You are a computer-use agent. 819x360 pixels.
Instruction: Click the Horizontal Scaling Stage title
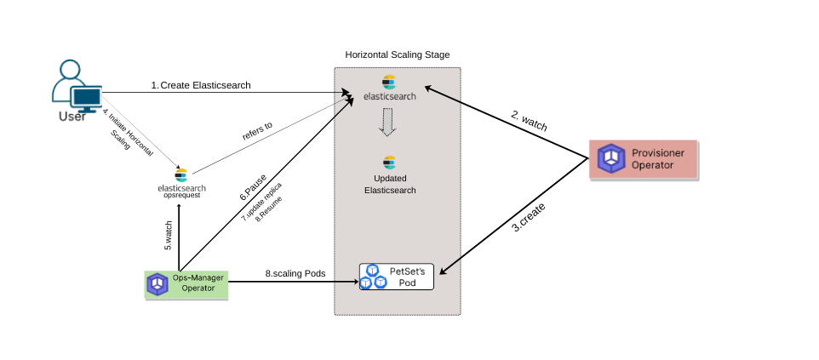point(397,54)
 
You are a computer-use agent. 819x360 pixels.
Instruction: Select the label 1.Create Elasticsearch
point(201,85)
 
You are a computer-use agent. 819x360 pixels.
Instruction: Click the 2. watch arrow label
point(529,120)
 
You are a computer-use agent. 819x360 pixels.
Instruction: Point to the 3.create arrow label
point(528,219)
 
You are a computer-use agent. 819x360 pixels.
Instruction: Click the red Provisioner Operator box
point(644,158)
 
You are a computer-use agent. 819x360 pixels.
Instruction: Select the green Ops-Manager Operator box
point(186,283)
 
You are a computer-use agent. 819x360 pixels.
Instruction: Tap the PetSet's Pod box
point(397,277)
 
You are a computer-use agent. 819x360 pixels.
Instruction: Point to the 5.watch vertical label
point(169,235)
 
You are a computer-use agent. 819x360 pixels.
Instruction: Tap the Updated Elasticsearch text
point(390,184)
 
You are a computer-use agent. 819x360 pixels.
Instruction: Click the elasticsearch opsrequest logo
point(180,176)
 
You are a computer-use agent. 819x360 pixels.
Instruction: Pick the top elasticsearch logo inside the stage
point(390,83)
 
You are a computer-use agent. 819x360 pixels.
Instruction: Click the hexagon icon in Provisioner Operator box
point(610,158)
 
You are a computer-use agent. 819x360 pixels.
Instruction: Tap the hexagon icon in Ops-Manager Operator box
point(157,283)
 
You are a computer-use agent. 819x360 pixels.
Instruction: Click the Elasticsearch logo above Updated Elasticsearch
point(390,162)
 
